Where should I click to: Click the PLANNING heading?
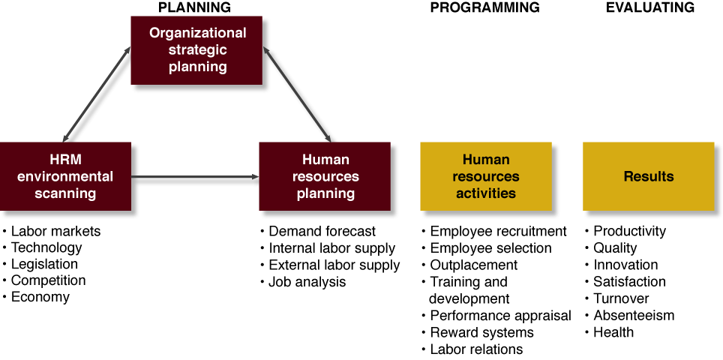(194, 7)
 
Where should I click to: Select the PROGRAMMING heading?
(485, 7)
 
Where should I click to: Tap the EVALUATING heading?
(650, 7)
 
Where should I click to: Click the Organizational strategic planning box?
(197, 50)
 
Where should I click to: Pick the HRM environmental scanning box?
(65, 176)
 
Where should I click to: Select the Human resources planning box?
(325, 176)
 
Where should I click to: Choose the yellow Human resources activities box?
(486, 176)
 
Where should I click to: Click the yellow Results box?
(649, 176)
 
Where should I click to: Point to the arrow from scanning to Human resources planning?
(195, 176)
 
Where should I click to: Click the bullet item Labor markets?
(52, 231)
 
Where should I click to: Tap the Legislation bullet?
(40, 264)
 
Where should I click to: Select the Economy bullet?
(37, 297)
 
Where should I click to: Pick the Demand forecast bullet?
(318, 231)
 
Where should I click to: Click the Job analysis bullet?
(303, 282)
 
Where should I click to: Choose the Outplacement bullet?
(469, 265)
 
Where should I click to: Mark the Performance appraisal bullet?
(496, 316)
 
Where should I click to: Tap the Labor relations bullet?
(472, 349)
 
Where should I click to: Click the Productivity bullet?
(625, 231)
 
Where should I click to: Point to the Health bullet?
(609, 332)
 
